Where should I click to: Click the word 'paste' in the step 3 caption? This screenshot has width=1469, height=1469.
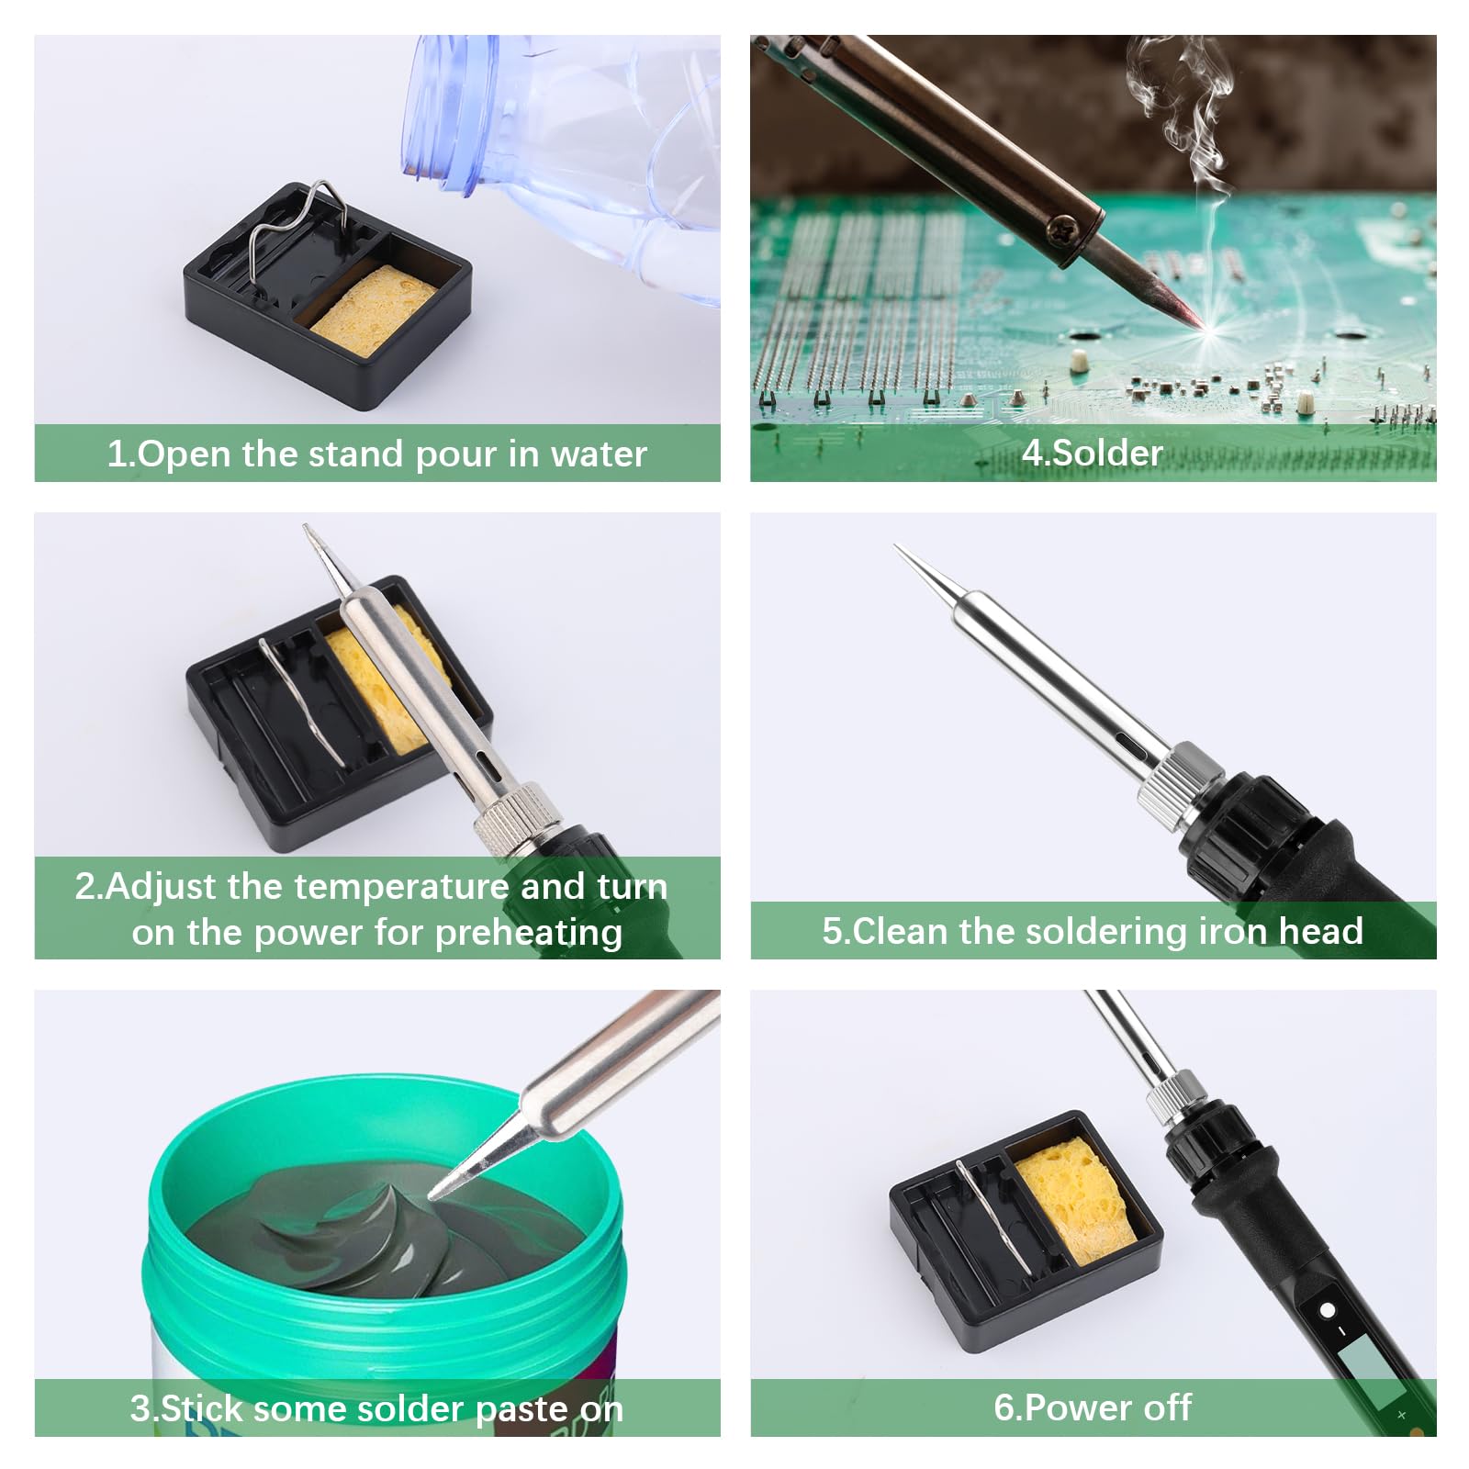click(x=512, y=1408)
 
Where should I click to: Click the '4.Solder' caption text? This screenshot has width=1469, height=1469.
click(x=1093, y=453)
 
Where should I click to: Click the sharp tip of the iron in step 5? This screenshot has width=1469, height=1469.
click(x=900, y=550)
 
